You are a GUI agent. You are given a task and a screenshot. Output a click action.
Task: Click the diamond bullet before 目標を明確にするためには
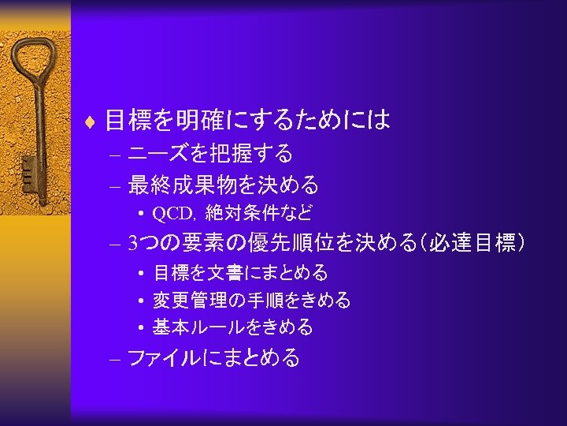[94, 121]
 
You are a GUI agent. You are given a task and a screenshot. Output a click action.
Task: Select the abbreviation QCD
[172, 213]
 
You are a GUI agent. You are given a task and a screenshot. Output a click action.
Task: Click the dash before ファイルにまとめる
[115, 359]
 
